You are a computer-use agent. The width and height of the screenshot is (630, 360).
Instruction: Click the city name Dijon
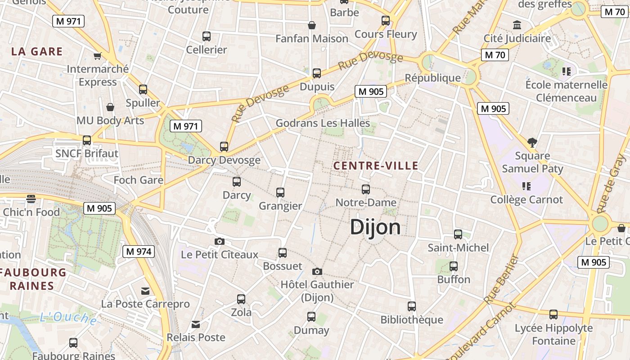[375, 227]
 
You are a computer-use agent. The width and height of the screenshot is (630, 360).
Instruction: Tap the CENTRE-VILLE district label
[376, 166]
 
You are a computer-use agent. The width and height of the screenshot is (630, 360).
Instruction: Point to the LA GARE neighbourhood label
[37, 51]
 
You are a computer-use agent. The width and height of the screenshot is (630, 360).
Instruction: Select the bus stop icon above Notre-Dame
[366, 189]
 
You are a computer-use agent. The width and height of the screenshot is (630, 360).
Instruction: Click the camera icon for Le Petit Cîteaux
[220, 241]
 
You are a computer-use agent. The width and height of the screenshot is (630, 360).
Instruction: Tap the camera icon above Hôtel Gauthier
[317, 271]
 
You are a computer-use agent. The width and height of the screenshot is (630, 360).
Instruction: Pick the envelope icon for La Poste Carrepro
[145, 291]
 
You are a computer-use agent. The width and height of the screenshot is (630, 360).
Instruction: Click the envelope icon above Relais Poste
[196, 324]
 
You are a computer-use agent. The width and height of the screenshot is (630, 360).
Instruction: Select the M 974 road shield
[139, 252]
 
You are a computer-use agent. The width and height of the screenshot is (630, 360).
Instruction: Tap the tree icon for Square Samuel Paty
[532, 143]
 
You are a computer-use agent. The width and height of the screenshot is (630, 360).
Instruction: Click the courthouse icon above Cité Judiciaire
[517, 25]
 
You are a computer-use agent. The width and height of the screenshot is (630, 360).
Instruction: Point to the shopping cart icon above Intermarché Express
[97, 56]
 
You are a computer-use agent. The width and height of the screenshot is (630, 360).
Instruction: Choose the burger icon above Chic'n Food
[31, 198]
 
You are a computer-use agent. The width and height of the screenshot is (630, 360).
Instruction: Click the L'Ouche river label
[68, 318]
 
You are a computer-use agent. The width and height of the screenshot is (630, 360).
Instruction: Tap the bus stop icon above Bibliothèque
[412, 306]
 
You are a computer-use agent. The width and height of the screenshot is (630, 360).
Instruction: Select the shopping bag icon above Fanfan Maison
[311, 25]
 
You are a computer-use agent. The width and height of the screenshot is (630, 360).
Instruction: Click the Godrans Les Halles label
[323, 123]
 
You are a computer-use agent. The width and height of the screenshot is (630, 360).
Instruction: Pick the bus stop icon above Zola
[241, 299]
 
